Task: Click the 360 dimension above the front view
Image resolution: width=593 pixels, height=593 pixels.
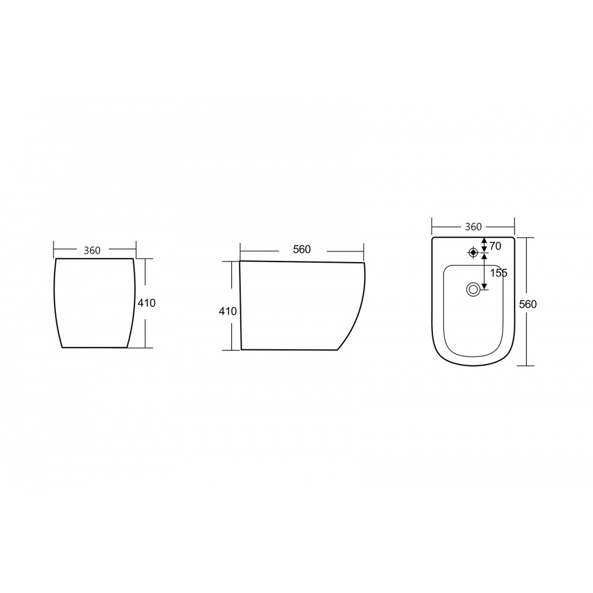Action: pyautogui.click(x=93, y=250)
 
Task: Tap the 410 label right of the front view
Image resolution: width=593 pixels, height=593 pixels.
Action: pyautogui.click(x=146, y=303)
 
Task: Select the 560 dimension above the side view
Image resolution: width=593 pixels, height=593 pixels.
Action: pyautogui.click(x=302, y=249)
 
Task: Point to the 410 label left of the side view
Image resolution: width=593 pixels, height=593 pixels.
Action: pyautogui.click(x=228, y=311)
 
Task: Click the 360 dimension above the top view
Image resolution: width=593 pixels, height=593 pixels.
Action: pyautogui.click(x=473, y=227)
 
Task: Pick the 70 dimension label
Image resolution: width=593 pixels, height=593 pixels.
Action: pyautogui.click(x=495, y=246)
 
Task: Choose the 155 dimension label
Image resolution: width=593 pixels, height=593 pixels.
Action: pyautogui.click(x=499, y=273)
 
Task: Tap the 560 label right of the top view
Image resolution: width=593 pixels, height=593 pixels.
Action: pyautogui.click(x=528, y=304)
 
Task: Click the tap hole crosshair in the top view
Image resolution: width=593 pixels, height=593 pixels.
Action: pyautogui.click(x=473, y=252)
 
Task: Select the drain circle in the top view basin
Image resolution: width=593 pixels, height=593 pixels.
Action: pyautogui.click(x=473, y=290)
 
